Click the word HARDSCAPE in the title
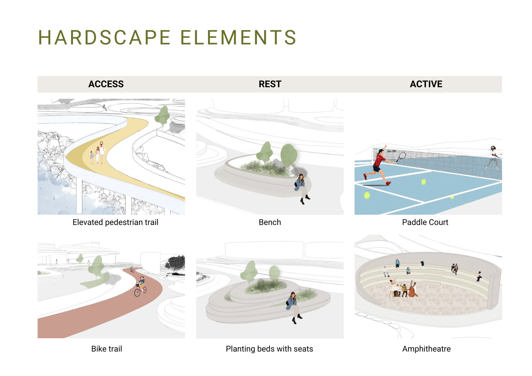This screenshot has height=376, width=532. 105,37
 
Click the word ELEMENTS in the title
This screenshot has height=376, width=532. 239,37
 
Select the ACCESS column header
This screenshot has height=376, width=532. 106,84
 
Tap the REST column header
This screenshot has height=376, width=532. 270,84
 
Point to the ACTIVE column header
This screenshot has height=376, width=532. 426,84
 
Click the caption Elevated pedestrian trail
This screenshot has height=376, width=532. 115,222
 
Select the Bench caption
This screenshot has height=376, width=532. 270,222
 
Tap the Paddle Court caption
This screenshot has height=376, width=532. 425,222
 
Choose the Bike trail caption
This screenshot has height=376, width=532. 107,349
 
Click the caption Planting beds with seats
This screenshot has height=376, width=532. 269,349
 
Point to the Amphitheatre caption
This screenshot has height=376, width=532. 426,349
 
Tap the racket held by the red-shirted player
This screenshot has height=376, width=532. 401,157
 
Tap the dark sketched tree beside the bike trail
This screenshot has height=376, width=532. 175,265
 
